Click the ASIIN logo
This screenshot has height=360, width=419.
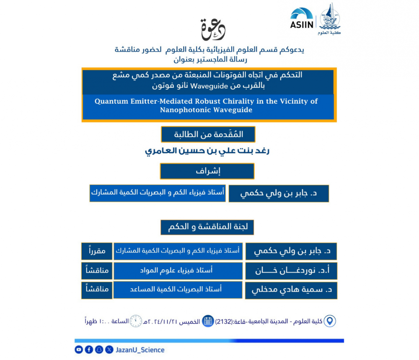coord(302,19)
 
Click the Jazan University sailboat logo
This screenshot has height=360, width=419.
coord(330,18)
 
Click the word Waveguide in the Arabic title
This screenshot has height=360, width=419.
coord(208,87)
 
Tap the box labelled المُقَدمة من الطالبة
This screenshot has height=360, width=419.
coord(208,134)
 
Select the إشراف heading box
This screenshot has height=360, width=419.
coord(207,171)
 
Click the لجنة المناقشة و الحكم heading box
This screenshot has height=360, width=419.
coord(207,227)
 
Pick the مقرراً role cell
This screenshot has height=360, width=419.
coord(97,251)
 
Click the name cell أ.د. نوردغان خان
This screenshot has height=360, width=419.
coord(291,271)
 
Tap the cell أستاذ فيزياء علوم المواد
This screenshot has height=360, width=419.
coord(178,271)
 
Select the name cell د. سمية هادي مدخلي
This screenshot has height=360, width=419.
coord(291,291)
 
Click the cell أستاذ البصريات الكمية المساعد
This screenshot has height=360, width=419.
coord(178,290)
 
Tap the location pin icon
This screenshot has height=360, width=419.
coord(331,321)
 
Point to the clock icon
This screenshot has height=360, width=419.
coord(135,321)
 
